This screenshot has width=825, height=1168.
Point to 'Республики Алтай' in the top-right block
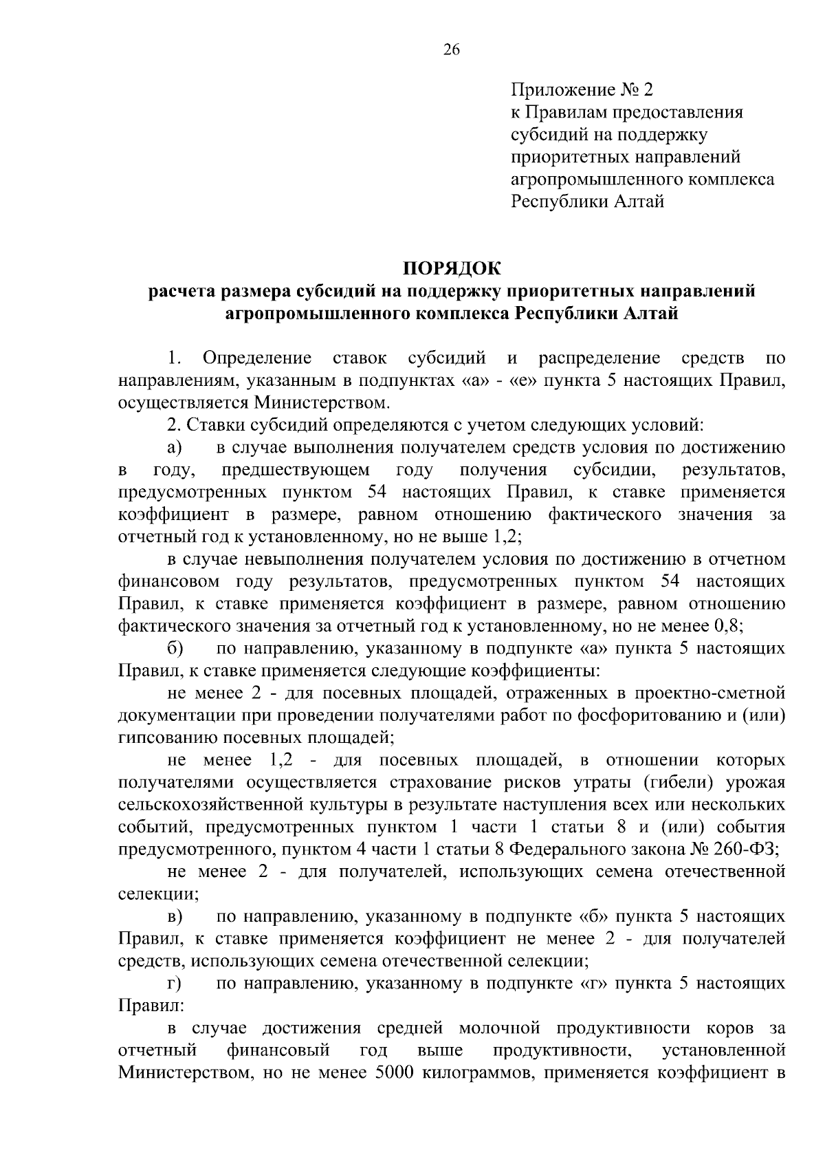click(x=587, y=202)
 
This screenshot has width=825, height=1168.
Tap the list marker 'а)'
click(x=174, y=448)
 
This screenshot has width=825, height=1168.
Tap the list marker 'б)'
click(x=174, y=648)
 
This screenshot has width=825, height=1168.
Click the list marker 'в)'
click(x=174, y=916)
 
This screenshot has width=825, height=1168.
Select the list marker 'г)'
click(x=173, y=984)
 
